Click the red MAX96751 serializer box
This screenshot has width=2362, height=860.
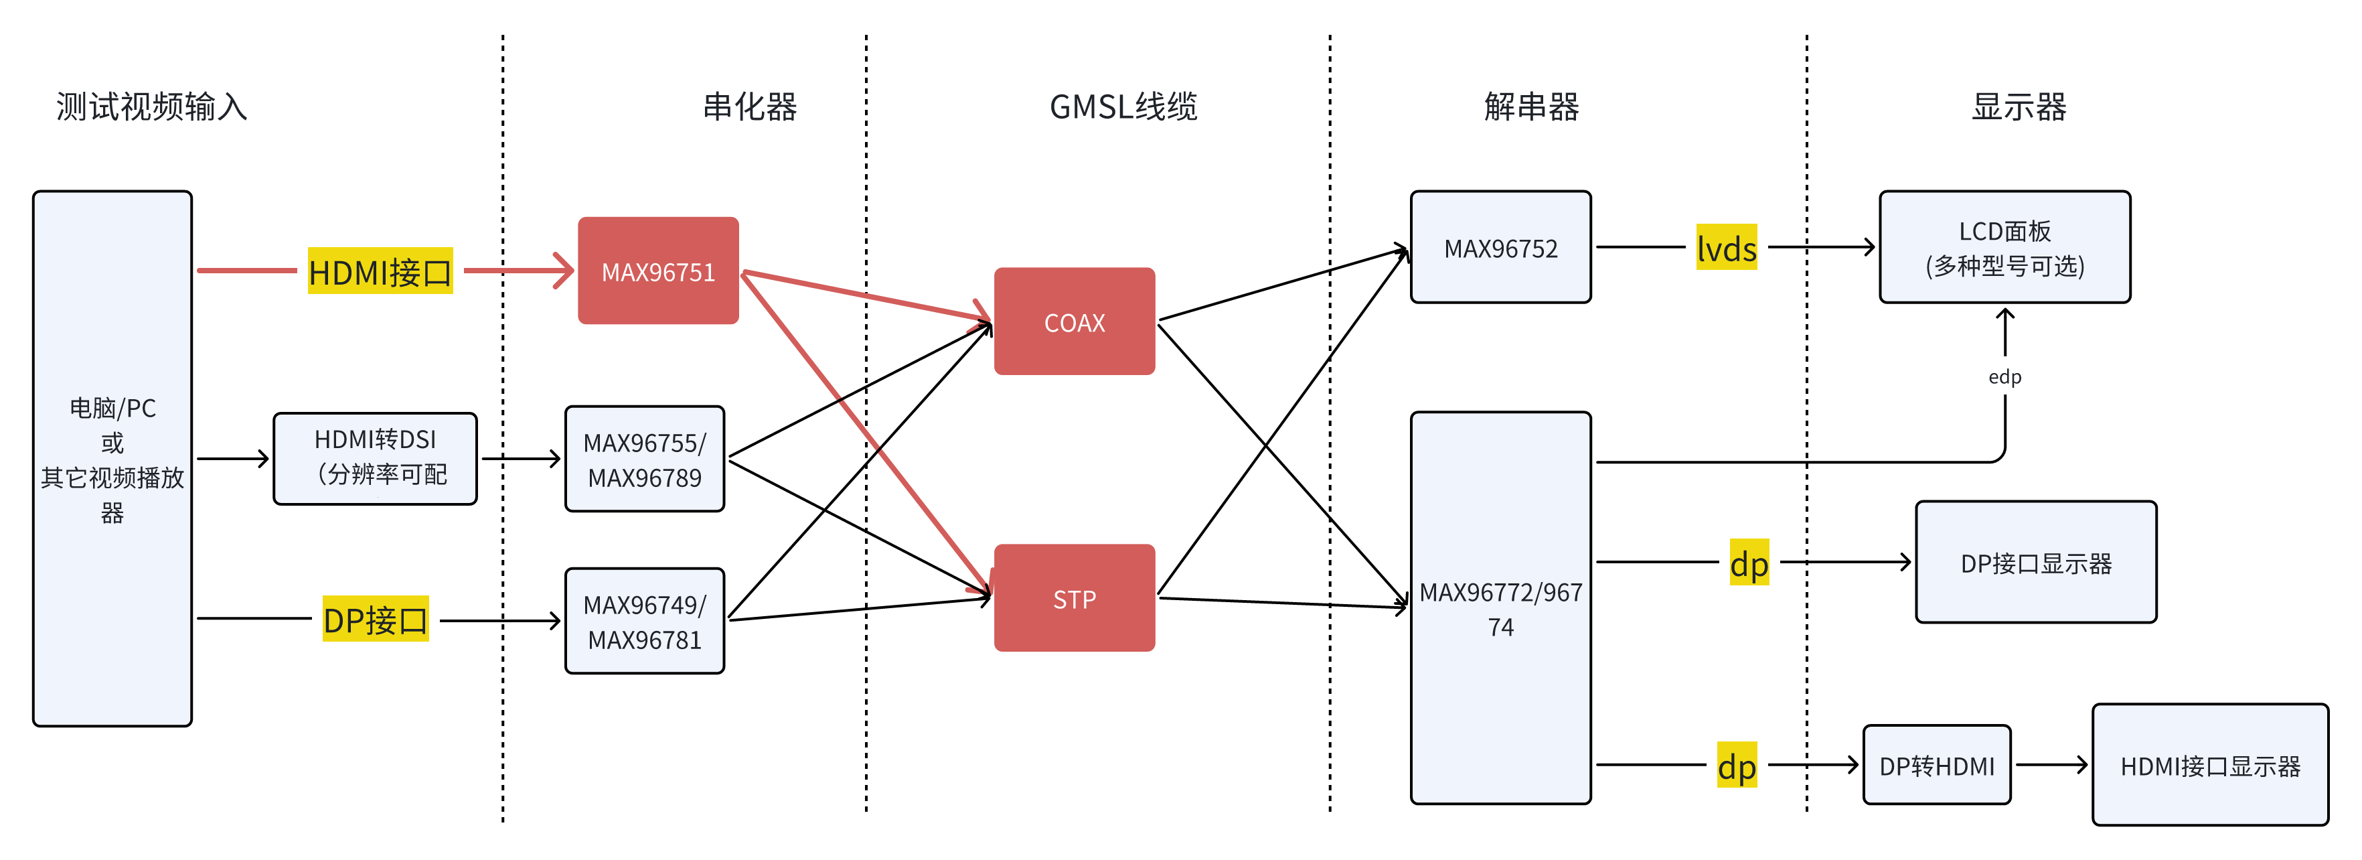click(657, 271)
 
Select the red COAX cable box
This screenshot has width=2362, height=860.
click(1074, 321)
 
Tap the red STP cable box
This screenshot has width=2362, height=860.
click(1074, 599)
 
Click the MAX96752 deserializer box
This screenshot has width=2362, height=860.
click(1500, 248)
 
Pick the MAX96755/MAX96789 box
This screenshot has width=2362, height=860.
click(645, 459)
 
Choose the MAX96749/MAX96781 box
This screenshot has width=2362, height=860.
click(645, 622)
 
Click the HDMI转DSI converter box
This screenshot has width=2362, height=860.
click(375, 458)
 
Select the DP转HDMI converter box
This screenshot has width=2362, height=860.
click(1937, 766)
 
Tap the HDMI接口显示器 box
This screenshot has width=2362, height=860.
click(2210, 766)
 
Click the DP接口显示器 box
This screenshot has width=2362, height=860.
click(2035, 563)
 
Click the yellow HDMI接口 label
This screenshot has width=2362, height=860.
click(380, 271)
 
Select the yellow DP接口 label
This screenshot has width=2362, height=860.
click(375, 620)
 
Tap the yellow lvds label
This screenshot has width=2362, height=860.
click(1726, 248)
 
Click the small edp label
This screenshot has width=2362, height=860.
click(2004, 377)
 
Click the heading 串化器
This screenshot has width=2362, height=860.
click(749, 107)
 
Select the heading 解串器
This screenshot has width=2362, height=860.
click(1531, 107)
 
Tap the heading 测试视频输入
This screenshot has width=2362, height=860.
click(151, 107)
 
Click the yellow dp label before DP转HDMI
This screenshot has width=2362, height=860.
click(1737, 766)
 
